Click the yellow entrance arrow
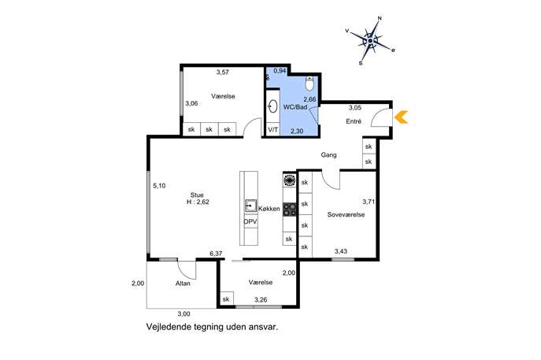(402, 117)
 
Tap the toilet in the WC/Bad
(309, 83)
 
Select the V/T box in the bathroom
(273, 130)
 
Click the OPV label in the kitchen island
(250, 222)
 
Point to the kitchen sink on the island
(251, 206)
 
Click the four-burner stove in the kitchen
(290, 210)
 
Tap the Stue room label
(197, 195)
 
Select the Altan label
(183, 284)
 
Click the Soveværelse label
(346, 215)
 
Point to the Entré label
(354, 121)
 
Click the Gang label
(329, 155)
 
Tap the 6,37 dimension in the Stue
(216, 254)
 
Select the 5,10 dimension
(159, 186)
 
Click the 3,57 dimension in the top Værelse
(223, 72)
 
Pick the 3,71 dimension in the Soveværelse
(369, 202)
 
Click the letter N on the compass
(380, 18)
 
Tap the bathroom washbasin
(273, 106)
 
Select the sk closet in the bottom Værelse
(226, 299)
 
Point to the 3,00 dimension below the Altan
(183, 314)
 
